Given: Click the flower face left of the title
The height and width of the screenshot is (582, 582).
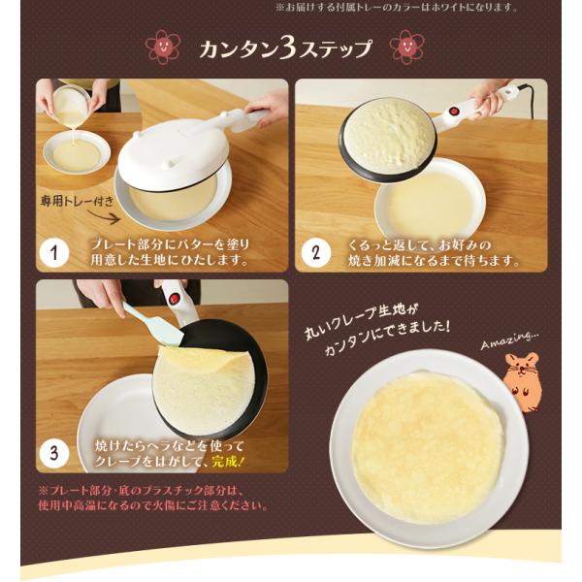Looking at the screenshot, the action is [162, 48].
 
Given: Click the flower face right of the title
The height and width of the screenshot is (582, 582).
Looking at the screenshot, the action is [406, 47].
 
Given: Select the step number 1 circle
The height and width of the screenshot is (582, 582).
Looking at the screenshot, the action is [54, 253].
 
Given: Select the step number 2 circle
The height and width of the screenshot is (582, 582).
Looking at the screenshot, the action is [316, 253].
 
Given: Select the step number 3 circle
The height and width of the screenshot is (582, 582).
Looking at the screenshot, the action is [54, 453].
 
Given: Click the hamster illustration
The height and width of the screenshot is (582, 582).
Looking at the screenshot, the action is [522, 382].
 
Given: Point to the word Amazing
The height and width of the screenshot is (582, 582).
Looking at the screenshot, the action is [510, 339].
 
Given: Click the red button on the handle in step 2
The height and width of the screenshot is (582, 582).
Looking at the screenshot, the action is [454, 112].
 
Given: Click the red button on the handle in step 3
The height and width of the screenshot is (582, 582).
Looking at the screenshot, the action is [174, 299].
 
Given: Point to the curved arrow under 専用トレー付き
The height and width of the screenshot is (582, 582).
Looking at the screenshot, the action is [105, 216].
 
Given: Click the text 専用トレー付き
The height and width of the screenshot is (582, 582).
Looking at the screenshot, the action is [78, 201].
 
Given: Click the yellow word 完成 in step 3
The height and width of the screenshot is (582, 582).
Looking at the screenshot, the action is [224, 462].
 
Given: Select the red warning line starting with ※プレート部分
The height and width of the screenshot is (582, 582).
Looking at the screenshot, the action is [142, 491].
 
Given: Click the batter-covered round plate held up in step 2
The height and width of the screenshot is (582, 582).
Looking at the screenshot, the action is [389, 138].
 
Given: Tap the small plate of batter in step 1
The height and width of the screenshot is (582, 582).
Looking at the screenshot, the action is [77, 153].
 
